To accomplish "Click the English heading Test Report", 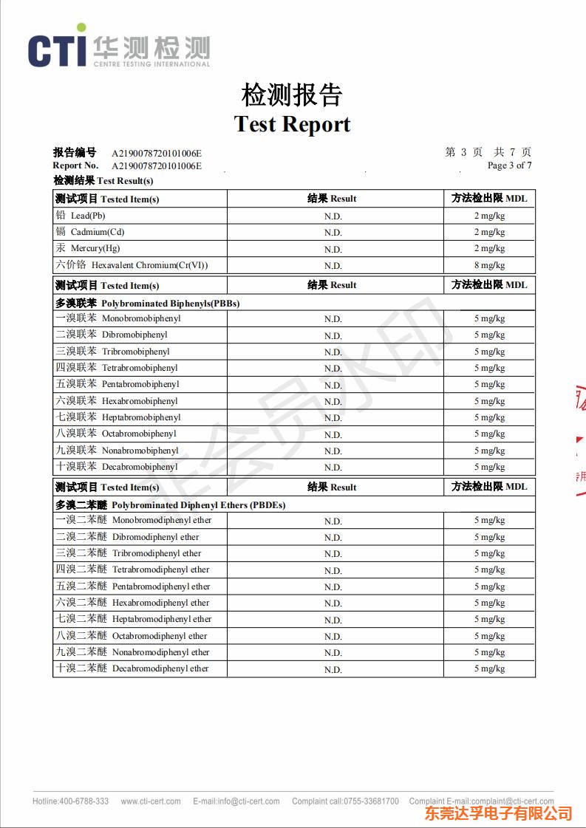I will tap(293, 124).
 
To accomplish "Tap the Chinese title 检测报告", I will tap(293, 95).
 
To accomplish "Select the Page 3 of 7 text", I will tap(509, 165).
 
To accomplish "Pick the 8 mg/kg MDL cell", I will tap(489, 265).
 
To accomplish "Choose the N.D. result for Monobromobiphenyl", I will tap(333, 319).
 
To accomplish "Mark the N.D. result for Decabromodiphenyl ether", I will tap(333, 669).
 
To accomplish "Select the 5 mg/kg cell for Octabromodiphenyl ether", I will tap(489, 636).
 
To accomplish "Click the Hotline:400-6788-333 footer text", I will tap(70, 801).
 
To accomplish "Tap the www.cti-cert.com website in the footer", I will tap(151, 801).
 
